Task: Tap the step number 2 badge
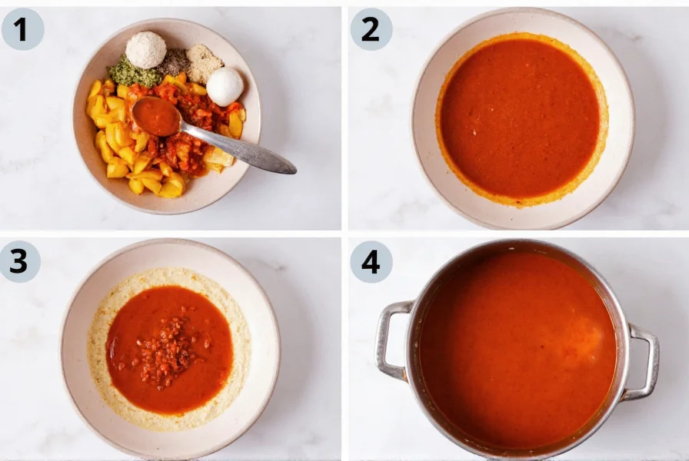click(x=371, y=29)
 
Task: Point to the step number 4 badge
click(x=371, y=262)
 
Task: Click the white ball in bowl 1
click(x=225, y=86)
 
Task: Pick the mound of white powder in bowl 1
click(x=146, y=50)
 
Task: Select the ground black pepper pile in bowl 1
click(x=175, y=61)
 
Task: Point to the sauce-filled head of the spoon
click(x=156, y=116)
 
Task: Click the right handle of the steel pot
click(x=641, y=362)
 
